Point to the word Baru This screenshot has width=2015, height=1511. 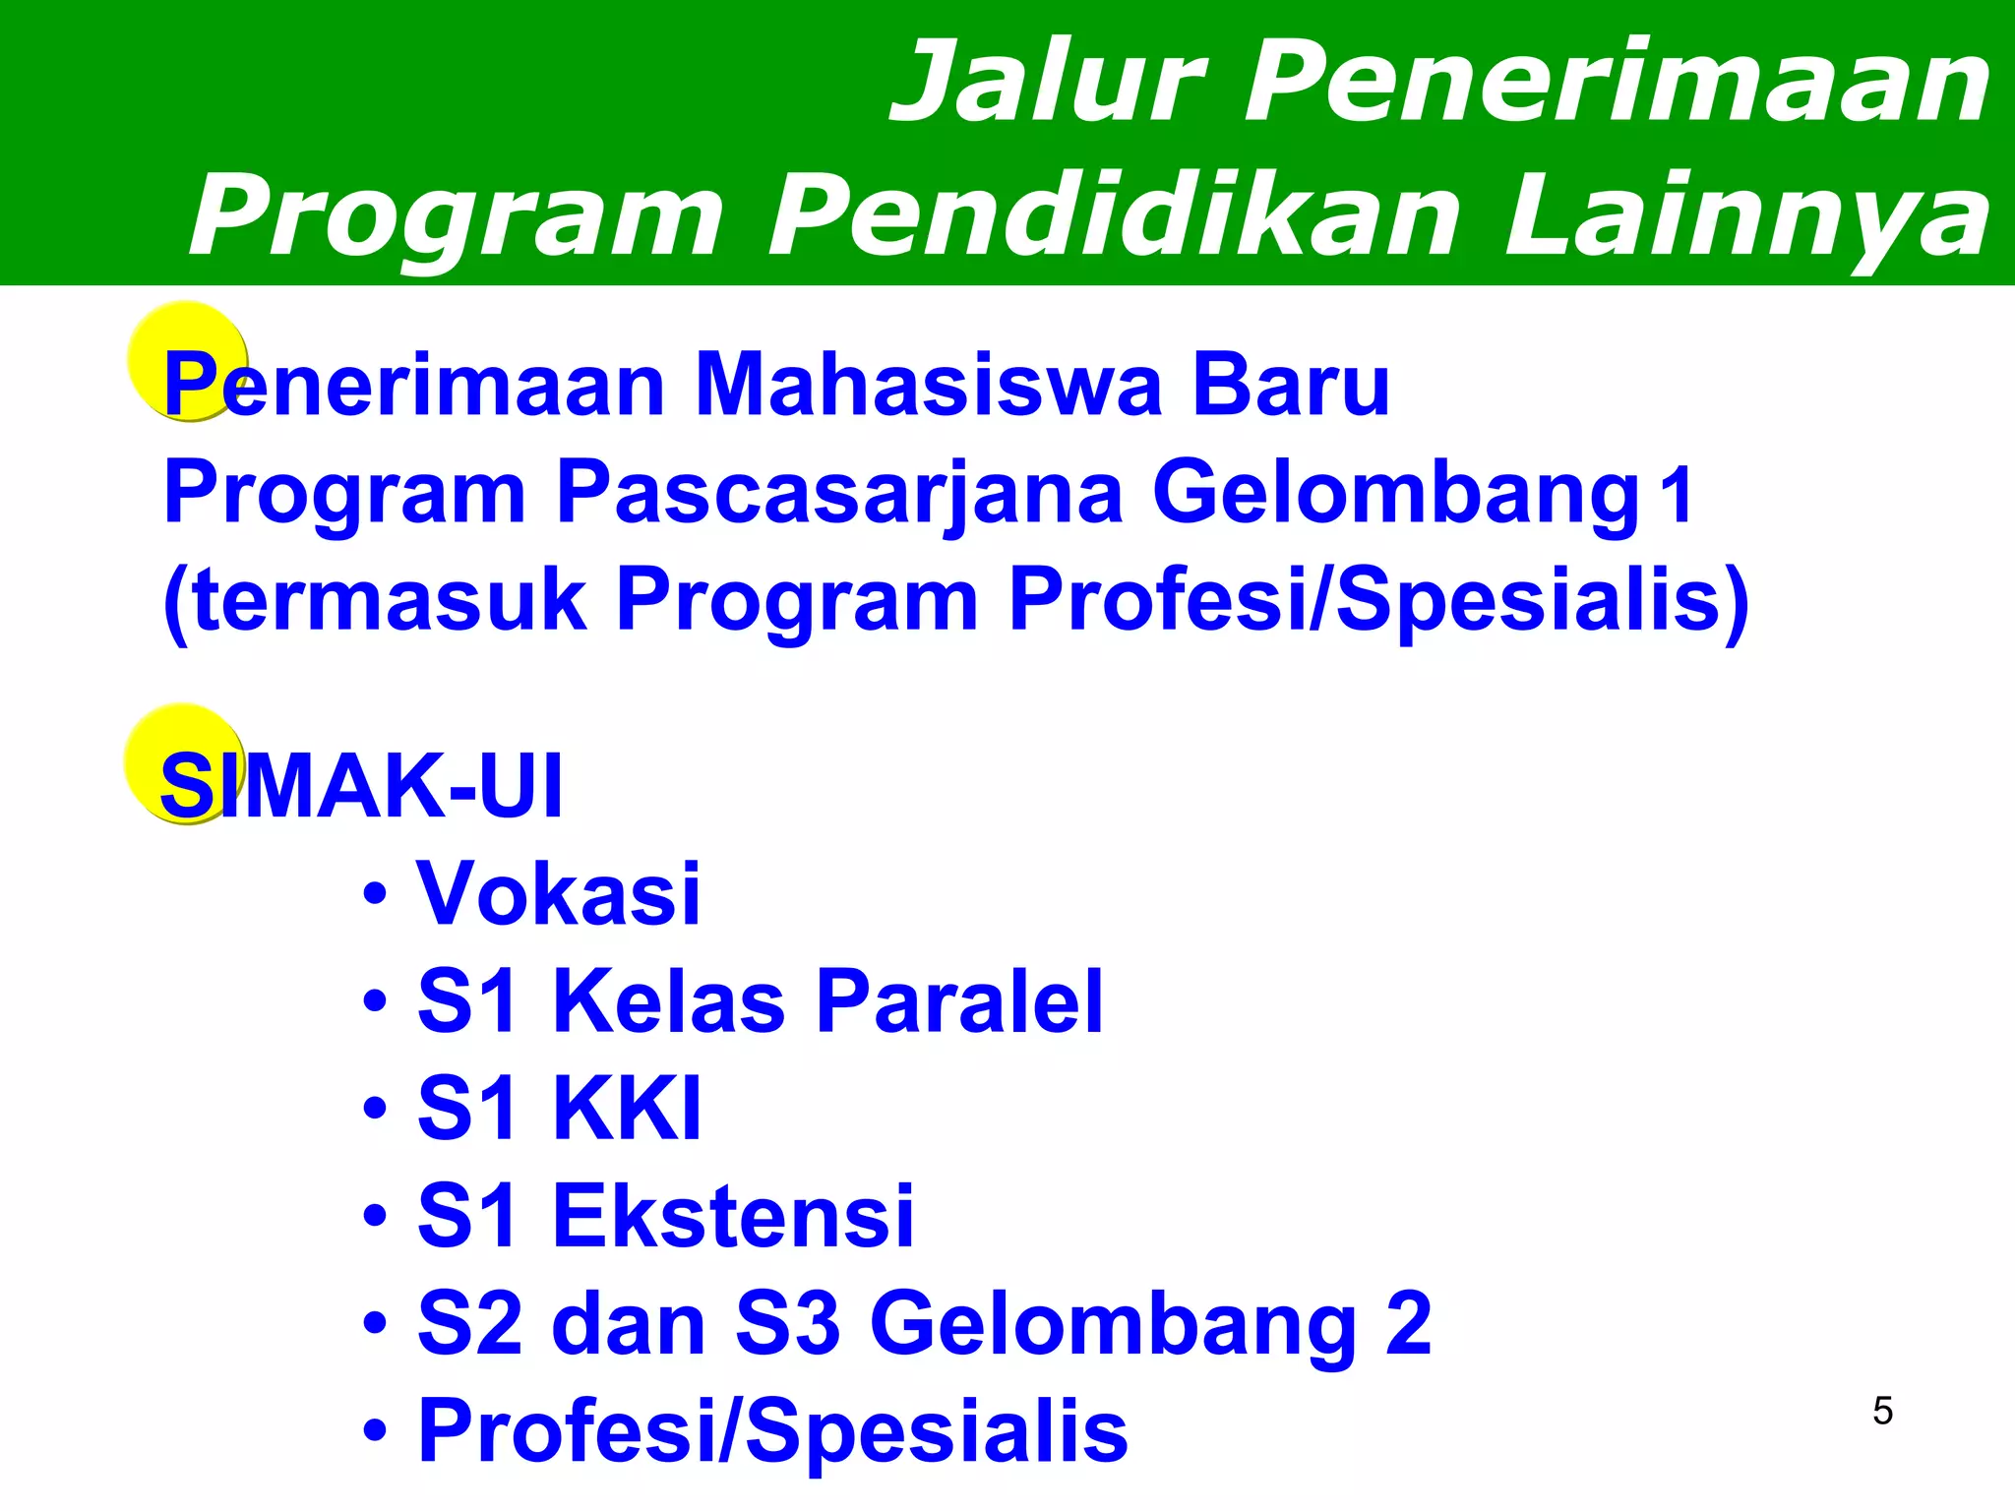pos(1291,386)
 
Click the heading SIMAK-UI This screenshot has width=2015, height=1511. pos(361,786)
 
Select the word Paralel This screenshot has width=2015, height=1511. pos(959,1001)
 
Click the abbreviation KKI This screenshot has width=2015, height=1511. pos(628,1109)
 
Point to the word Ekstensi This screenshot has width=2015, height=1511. pos(734,1217)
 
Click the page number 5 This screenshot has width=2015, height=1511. pos(1882,1412)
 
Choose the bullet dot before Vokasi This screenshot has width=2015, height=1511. pos(375,895)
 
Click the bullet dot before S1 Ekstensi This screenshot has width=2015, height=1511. pos(375,1218)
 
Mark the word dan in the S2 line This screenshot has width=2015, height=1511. pos(629,1324)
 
